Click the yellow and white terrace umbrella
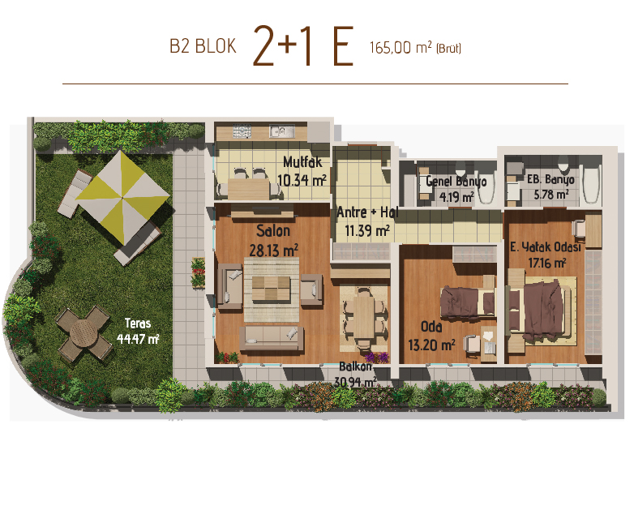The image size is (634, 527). [122, 197]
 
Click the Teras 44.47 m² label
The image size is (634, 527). [138, 332]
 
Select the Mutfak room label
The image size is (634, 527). [302, 162]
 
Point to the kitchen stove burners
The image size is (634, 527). [242, 131]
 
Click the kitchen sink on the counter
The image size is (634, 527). [279, 131]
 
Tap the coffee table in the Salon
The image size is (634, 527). [272, 289]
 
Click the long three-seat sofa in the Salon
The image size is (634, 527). [272, 338]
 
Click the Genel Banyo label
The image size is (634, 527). [456, 181]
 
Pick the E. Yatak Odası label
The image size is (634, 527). [546, 246]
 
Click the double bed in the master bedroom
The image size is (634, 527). [542, 309]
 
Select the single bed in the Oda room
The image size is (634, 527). [468, 301]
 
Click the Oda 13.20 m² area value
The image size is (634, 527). [431, 345]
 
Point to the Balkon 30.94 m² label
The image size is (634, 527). [355, 374]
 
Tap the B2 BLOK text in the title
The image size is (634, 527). [203, 46]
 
